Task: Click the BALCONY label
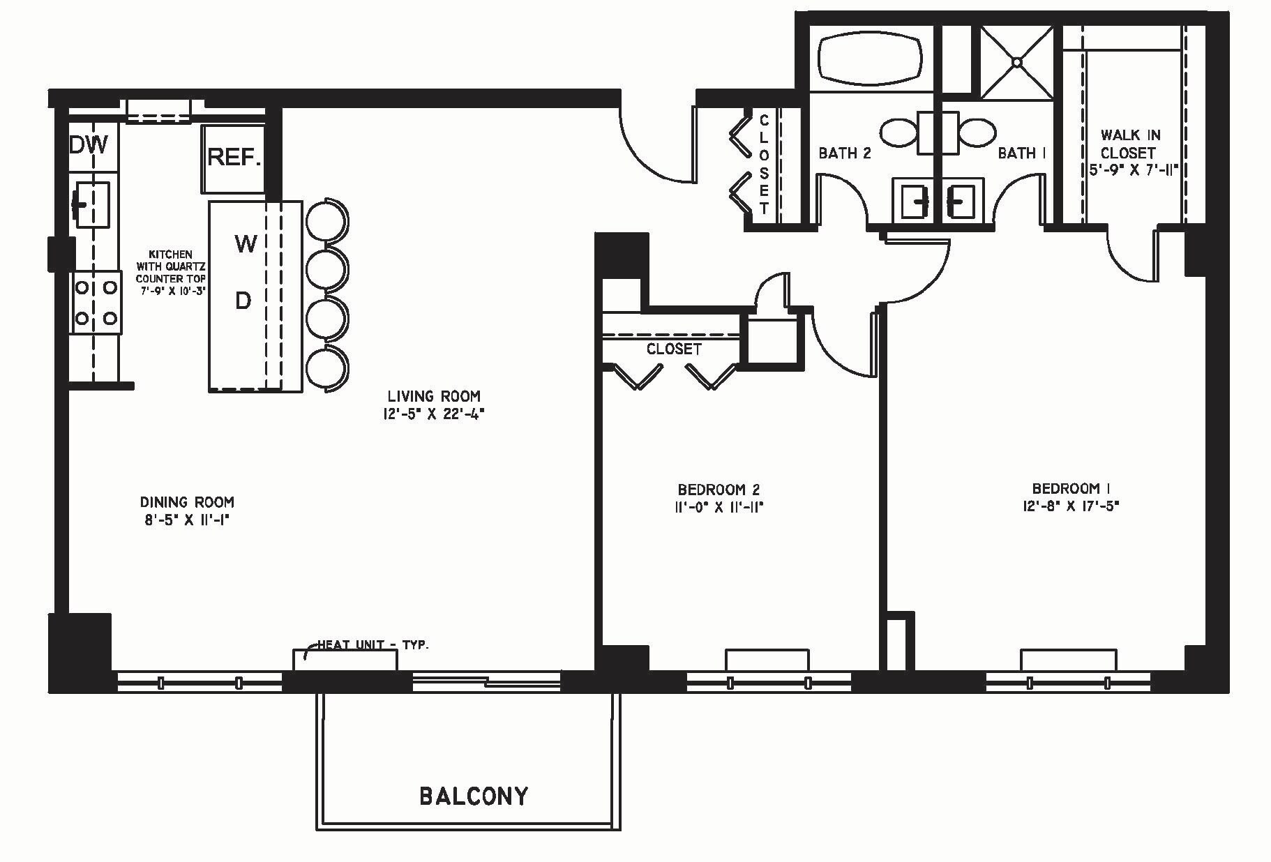click(x=474, y=795)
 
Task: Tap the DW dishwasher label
click(x=89, y=145)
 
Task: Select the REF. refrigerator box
click(x=234, y=158)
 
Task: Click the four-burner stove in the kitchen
click(x=96, y=303)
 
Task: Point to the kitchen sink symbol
click(x=91, y=204)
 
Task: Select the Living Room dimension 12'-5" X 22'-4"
click(x=433, y=414)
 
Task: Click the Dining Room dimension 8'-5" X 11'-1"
click(x=186, y=520)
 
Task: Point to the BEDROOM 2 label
click(x=718, y=490)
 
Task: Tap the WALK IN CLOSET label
click(x=1131, y=144)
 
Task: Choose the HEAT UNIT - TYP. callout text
click(x=373, y=644)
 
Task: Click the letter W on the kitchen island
click(x=246, y=243)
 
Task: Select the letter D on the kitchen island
click(x=243, y=301)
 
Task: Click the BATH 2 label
click(x=844, y=153)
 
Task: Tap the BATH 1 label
click(x=1021, y=153)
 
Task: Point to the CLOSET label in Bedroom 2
click(x=673, y=349)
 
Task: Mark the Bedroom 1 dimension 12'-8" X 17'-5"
click(x=1068, y=506)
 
